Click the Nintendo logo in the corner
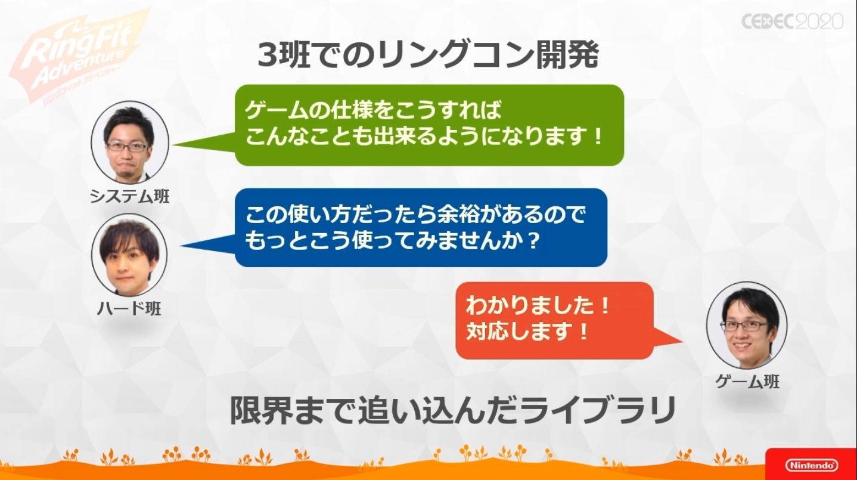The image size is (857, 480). click(x=812, y=465)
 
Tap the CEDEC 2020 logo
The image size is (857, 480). click(x=793, y=21)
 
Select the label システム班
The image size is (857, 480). click(x=130, y=196)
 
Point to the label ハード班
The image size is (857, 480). click(x=129, y=308)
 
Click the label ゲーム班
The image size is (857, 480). click(x=747, y=382)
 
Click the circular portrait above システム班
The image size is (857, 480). click(x=130, y=142)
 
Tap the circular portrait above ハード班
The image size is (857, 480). click(x=129, y=255)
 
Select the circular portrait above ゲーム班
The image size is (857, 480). click(x=746, y=325)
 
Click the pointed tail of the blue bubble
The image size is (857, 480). click(x=181, y=246)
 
